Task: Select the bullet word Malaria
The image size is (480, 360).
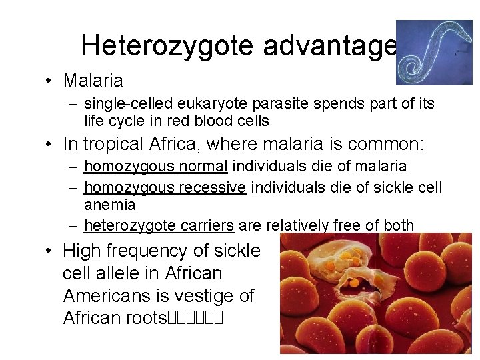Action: click(93, 81)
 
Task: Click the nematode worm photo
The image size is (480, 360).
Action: click(434, 53)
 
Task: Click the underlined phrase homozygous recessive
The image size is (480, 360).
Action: click(165, 187)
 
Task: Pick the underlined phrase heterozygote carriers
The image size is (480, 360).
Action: click(159, 225)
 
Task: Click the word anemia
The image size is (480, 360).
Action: click(110, 205)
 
